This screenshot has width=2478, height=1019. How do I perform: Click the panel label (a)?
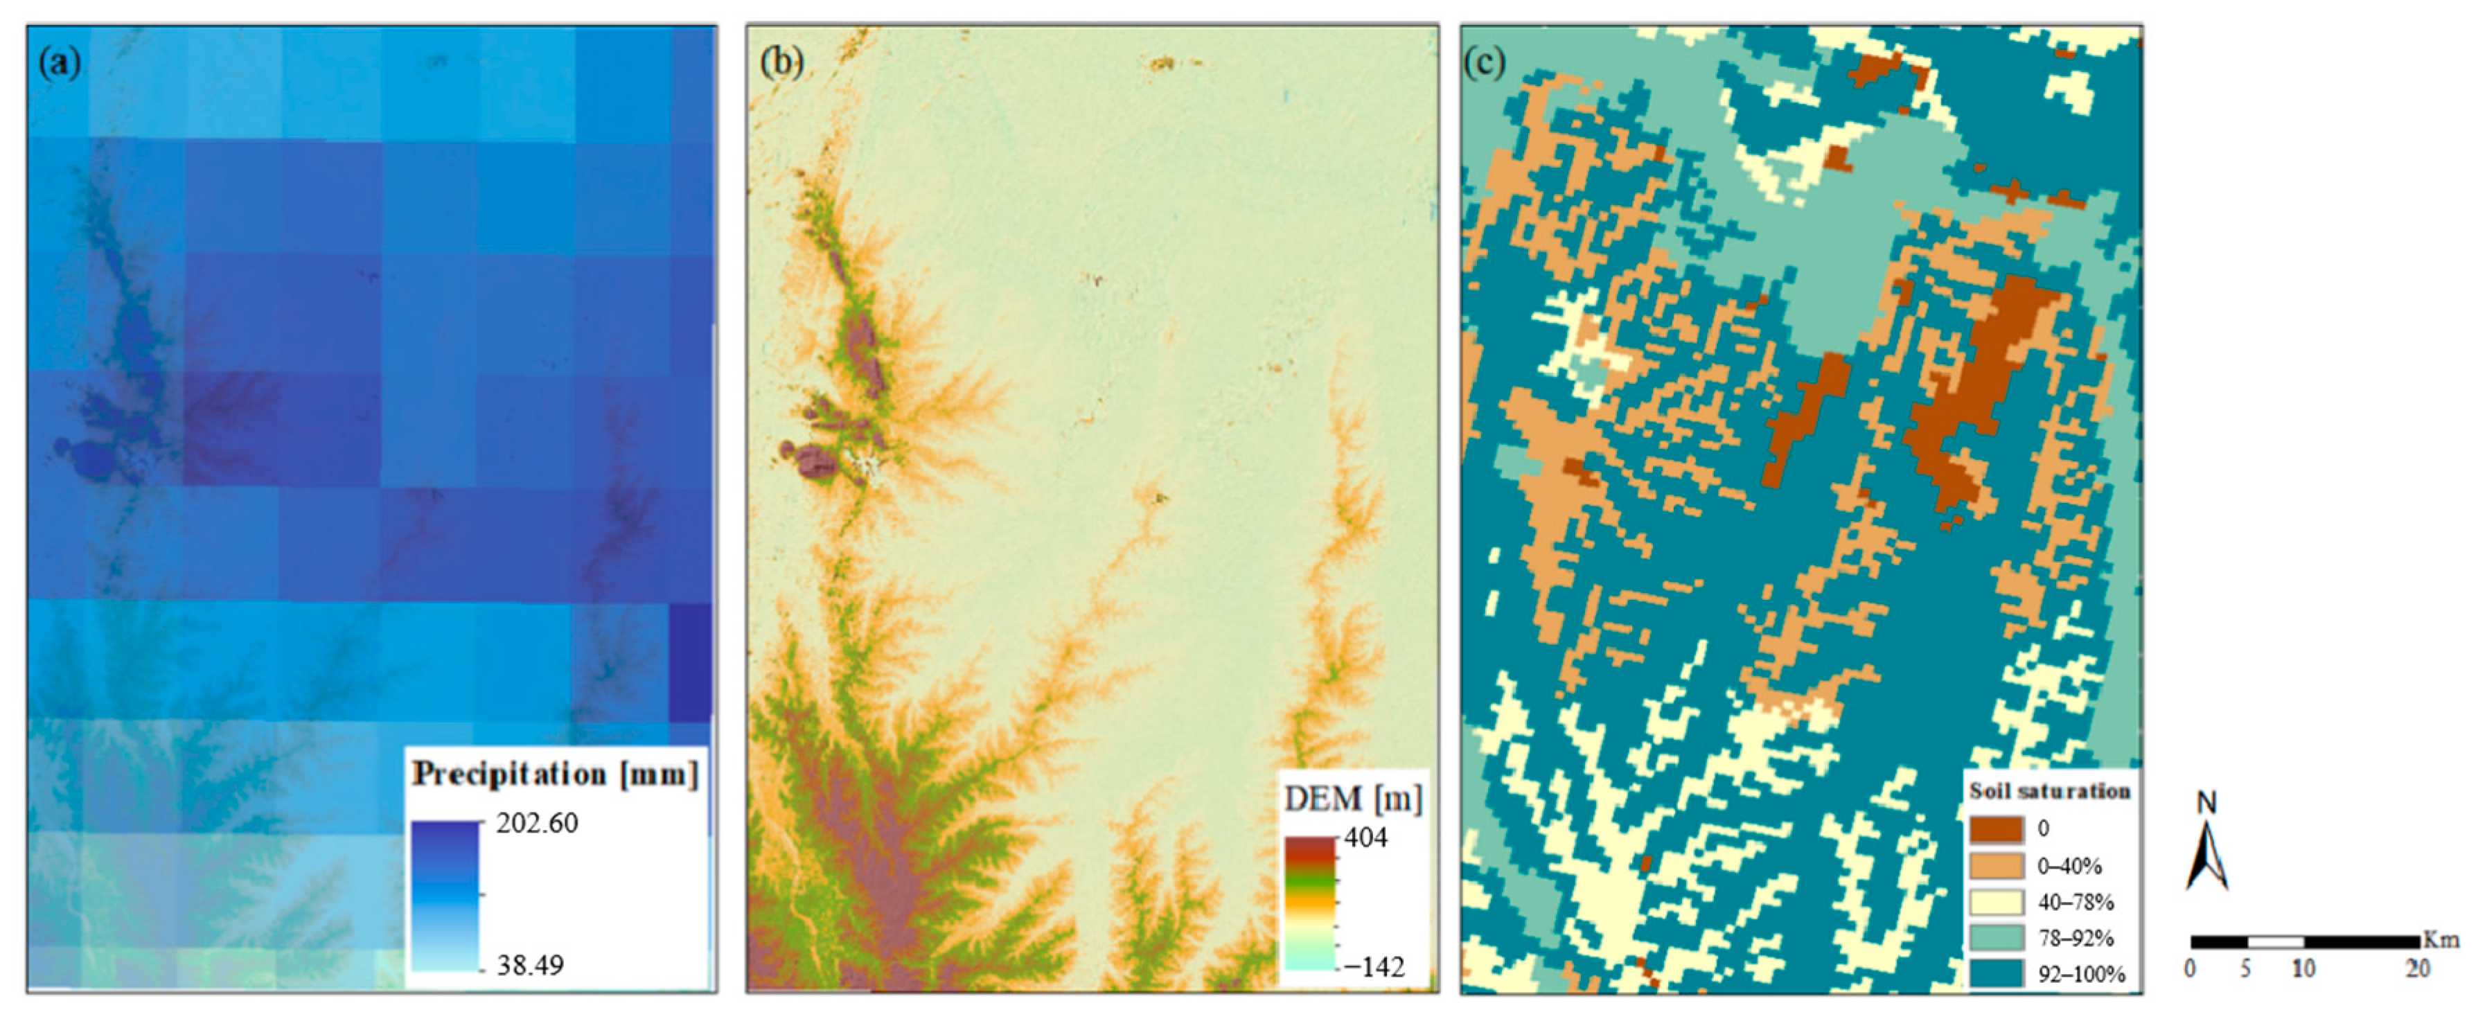(x=60, y=64)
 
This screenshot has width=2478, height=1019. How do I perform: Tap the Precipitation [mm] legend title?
(x=555, y=774)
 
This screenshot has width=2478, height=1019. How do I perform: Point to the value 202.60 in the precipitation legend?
(x=537, y=824)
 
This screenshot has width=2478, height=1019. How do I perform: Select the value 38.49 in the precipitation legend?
(x=530, y=965)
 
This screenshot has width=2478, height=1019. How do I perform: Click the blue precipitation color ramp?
(x=445, y=895)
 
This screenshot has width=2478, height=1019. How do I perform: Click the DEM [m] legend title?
(x=1352, y=799)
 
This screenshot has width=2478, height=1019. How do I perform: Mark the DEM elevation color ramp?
(x=1310, y=903)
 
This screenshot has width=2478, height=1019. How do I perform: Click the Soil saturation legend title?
(x=2049, y=791)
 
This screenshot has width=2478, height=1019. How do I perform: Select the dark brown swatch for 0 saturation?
(x=1995, y=829)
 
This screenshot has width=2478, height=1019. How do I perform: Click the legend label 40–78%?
(x=2075, y=903)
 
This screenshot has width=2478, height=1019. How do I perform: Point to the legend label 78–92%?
(x=2075, y=938)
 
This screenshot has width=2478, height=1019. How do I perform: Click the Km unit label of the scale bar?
(x=2441, y=940)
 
